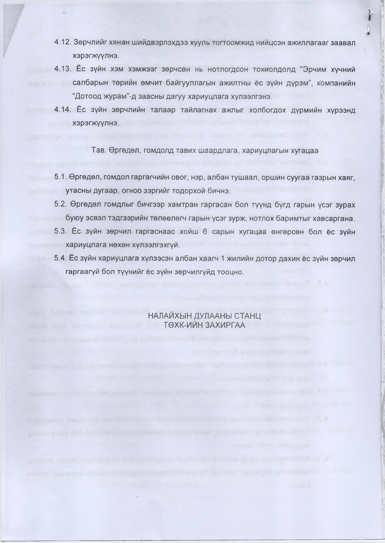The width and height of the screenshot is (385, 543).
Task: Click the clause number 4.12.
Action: point(63,42)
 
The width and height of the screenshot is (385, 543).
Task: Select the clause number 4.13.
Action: point(63,69)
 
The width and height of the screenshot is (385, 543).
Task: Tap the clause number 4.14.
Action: point(63,110)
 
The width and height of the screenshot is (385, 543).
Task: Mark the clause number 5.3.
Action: point(61,231)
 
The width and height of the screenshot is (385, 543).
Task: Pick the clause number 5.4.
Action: point(61,258)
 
